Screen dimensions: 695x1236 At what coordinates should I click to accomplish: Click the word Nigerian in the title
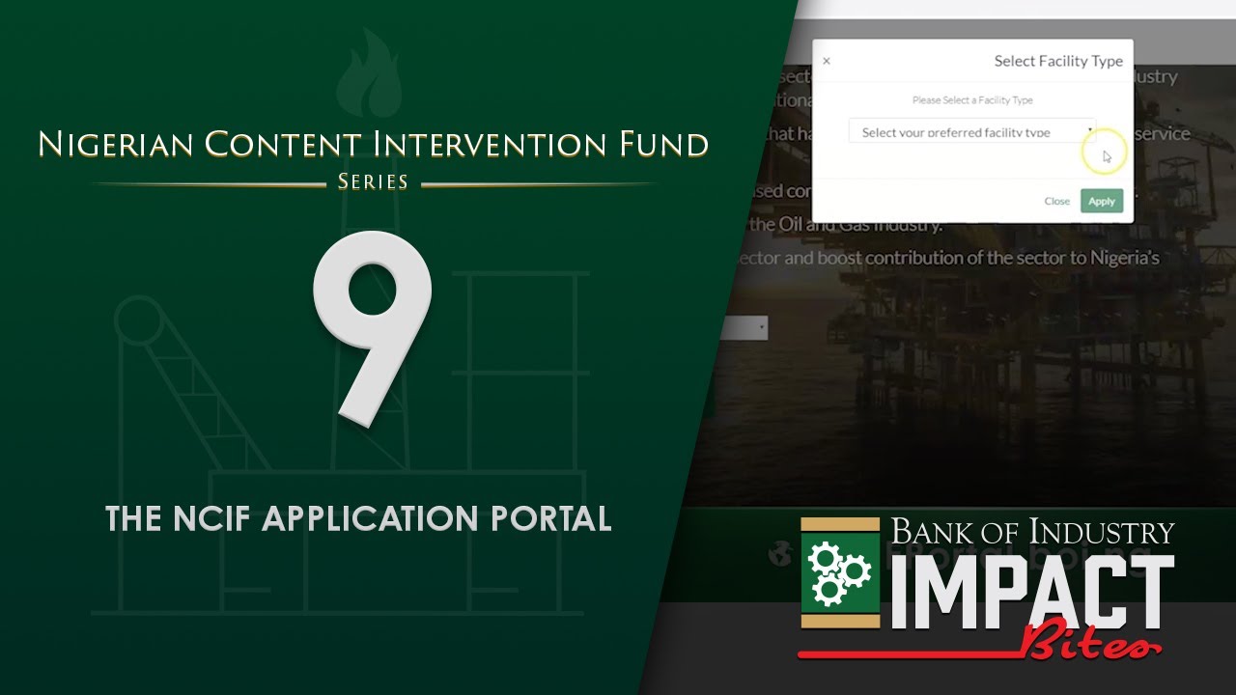115,145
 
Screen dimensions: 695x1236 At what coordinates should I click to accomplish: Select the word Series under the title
373,181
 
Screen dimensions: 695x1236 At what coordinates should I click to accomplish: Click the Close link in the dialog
1056,201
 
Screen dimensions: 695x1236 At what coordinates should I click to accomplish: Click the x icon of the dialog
826,61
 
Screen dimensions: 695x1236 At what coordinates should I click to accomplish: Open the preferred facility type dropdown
971,132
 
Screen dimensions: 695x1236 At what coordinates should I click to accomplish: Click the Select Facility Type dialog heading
1058,61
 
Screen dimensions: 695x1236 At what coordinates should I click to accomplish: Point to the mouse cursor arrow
1107,155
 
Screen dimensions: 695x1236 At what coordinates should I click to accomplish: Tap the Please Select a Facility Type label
972,100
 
